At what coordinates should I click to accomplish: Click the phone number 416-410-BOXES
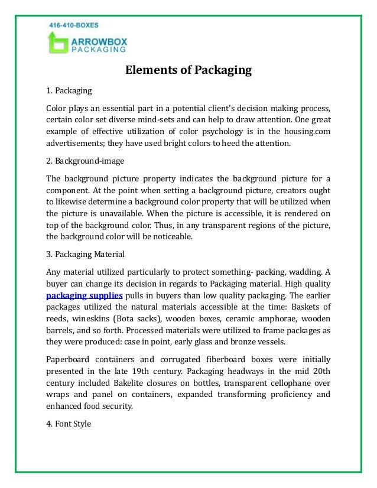pyautogui.click(x=74, y=26)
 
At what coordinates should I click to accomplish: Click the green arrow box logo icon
pyautogui.click(x=57, y=43)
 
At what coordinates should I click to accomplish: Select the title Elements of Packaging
pyautogui.click(x=188, y=71)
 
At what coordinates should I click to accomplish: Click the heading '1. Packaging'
pyautogui.click(x=69, y=91)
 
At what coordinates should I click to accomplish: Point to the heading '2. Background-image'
pyautogui.click(x=85, y=161)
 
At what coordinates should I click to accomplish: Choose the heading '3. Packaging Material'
pyautogui.click(x=86, y=255)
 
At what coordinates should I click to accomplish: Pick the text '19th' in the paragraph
pyautogui.click(x=177, y=371)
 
